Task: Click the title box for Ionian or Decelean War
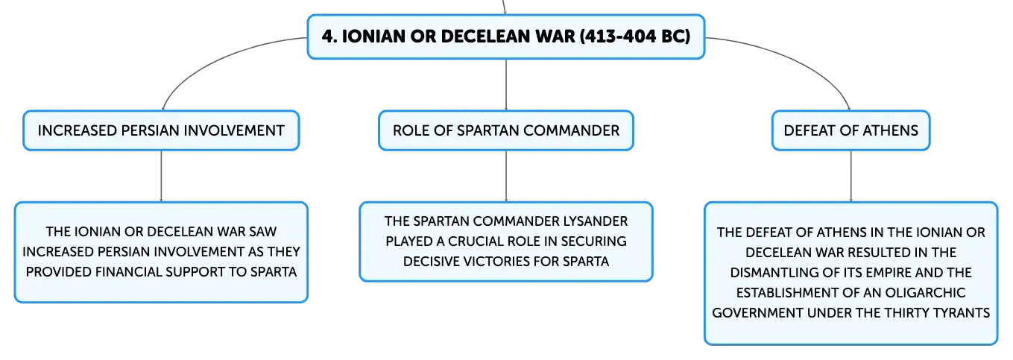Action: [506, 37]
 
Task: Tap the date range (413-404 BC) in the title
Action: [635, 37]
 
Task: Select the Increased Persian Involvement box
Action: [162, 130]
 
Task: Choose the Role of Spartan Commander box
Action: [506, 130]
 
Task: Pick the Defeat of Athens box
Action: [851, 130]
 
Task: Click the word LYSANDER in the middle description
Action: [595, 221]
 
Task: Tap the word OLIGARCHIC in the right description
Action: [925, 293]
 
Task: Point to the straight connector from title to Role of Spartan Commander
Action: [506, 84]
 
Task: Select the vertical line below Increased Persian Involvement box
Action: [162, 176]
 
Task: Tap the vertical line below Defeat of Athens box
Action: [851, 176]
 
